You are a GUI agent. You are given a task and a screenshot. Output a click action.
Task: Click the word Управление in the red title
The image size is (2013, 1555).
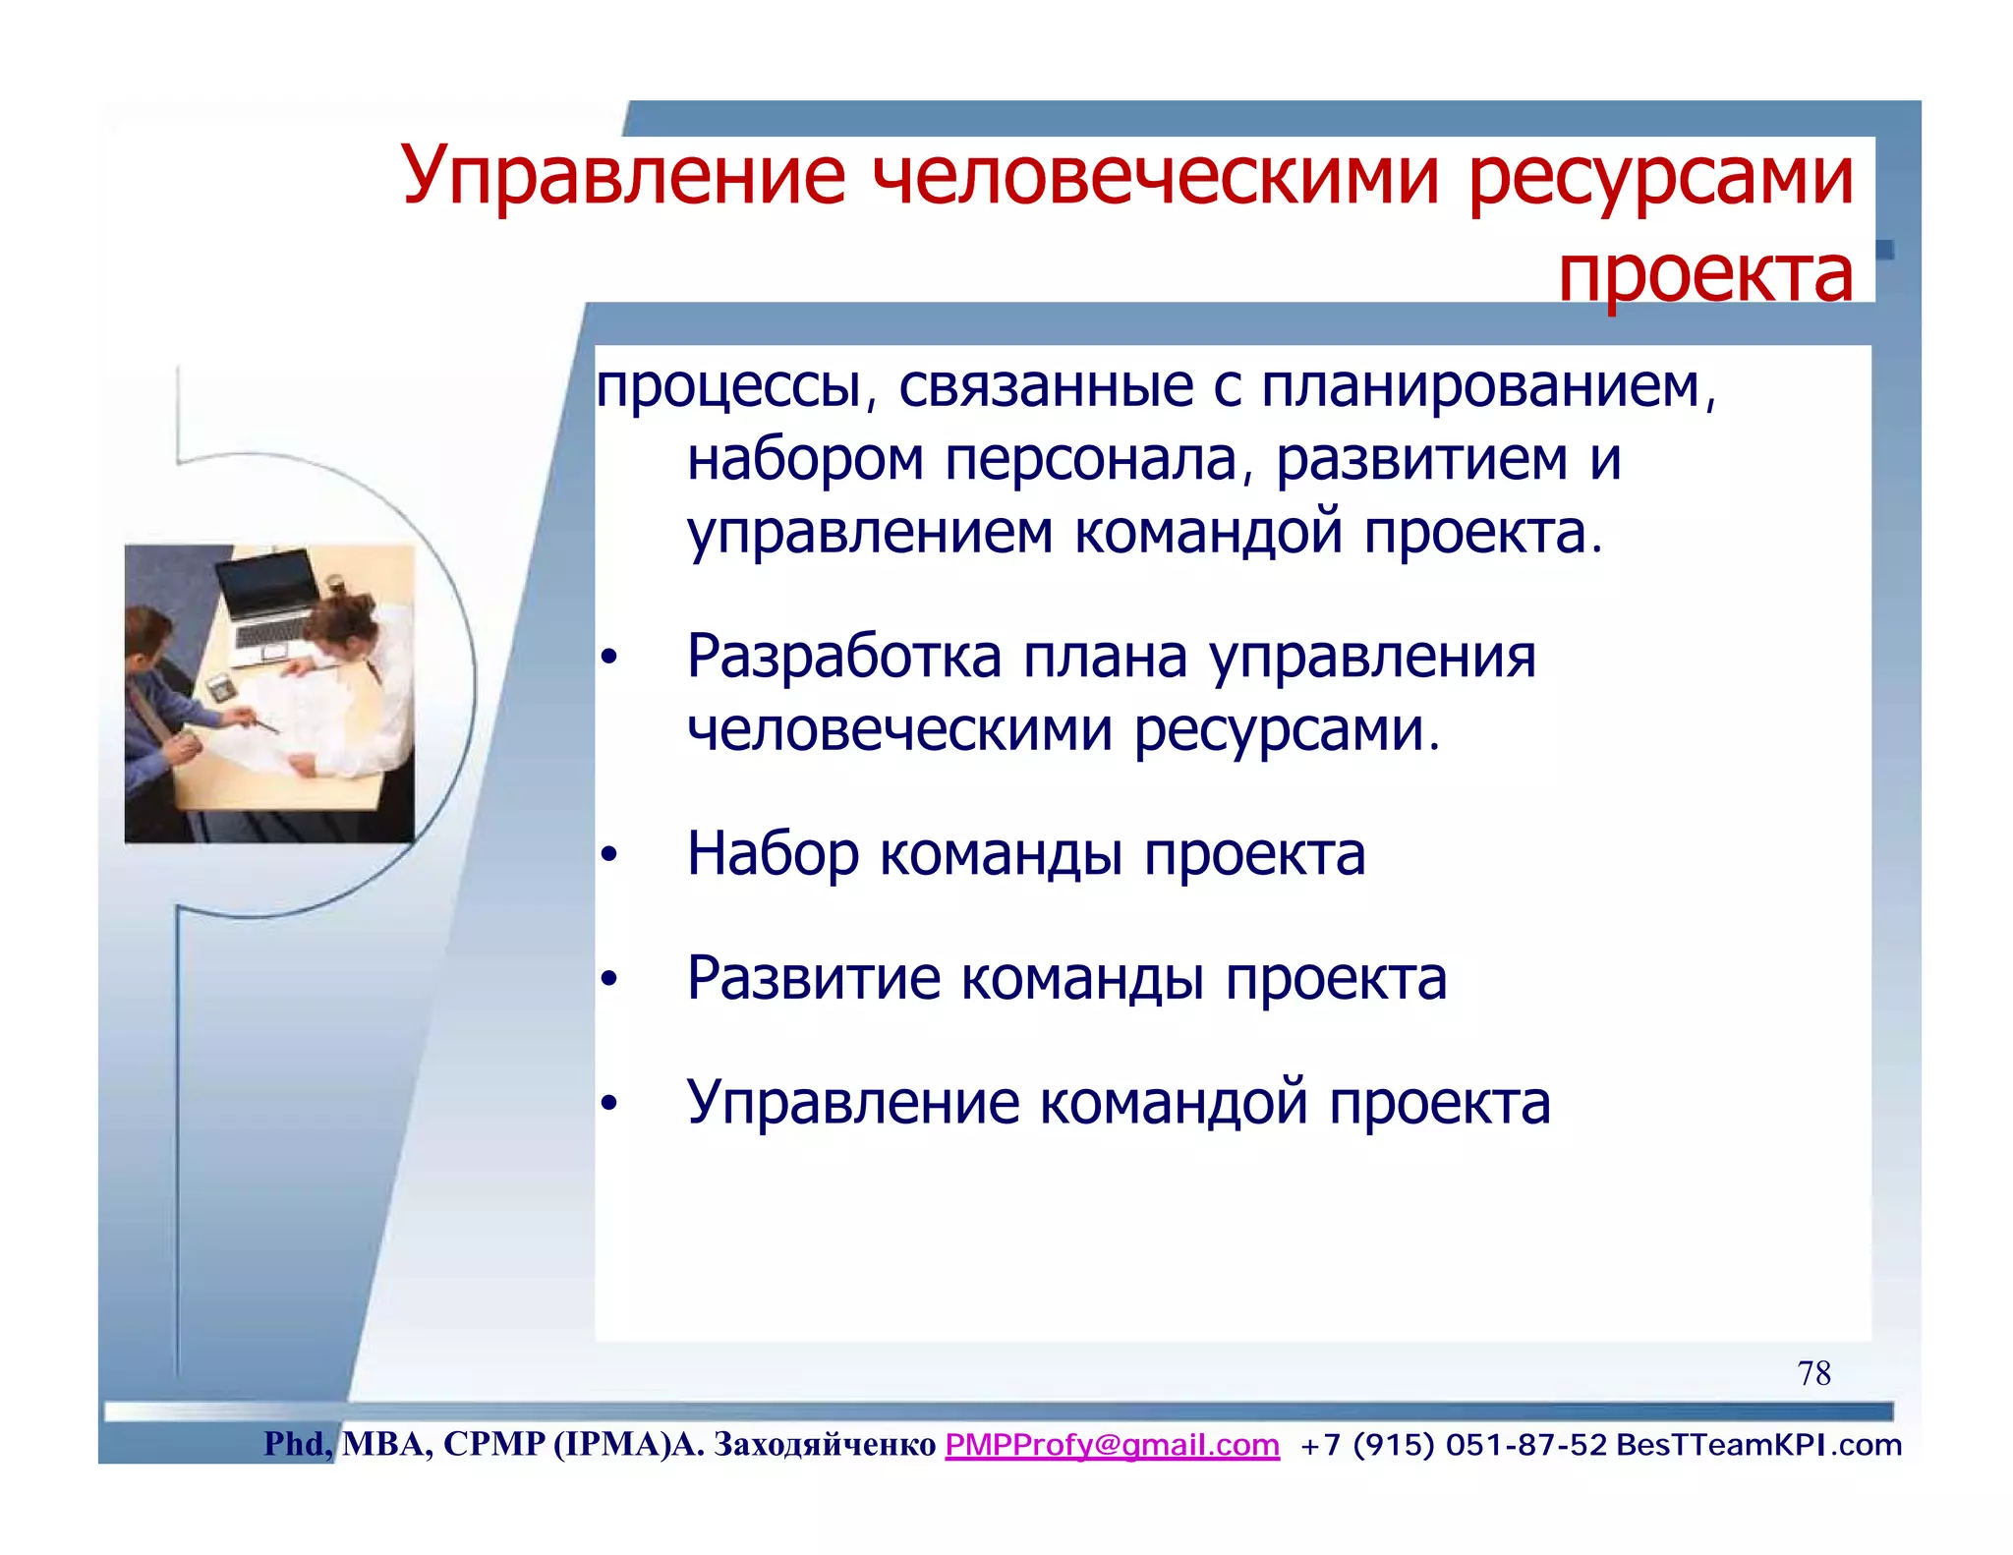click(623, 177)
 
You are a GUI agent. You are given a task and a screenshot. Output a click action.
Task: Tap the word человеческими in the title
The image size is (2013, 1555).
click(1157, 177)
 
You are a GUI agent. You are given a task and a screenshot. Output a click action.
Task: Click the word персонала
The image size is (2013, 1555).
click(1090, 460)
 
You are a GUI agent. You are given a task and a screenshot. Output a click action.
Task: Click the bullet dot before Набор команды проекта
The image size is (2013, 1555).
click(609, 855)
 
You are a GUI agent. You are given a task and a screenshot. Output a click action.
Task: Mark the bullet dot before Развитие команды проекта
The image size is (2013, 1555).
click(609, 980)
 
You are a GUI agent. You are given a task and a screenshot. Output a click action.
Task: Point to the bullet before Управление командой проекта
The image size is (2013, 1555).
click(609, 1104)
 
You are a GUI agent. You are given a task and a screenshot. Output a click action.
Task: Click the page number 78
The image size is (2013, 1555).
click(1813, 1373)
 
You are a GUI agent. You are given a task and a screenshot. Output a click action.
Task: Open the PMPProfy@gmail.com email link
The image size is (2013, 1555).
click(1112, 1445)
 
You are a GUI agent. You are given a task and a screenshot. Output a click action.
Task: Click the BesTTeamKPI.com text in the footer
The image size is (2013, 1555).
click(1758, 1445)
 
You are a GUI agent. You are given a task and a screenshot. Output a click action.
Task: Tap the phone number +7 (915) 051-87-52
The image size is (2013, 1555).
click(1453, 1445)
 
